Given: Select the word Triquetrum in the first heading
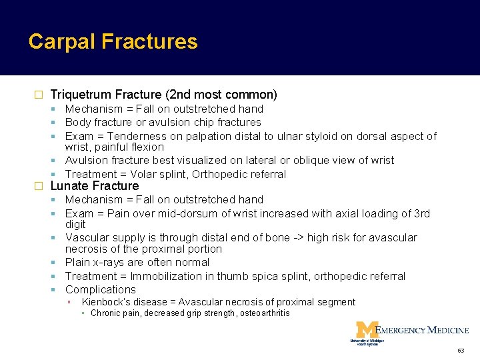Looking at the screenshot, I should coord(79,95).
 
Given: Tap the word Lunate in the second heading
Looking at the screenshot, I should coord(69,186).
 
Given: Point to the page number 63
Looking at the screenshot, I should coord(460,350).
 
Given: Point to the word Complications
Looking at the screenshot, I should coord(100,289).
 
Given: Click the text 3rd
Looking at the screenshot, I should coord(420,213).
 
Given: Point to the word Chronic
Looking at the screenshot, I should coord(106,313).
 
